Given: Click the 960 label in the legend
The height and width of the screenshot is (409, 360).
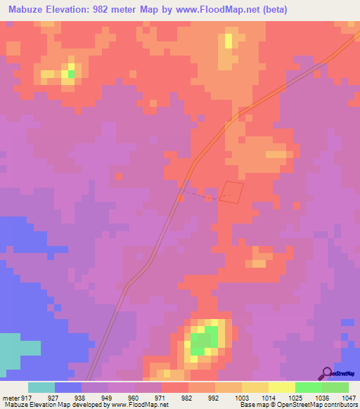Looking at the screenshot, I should [148, 397].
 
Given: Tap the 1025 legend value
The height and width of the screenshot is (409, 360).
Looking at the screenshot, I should [295, 397].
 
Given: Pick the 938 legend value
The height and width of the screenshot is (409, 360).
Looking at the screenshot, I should [95, 397].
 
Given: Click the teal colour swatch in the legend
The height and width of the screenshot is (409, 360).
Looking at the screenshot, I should [41, 387].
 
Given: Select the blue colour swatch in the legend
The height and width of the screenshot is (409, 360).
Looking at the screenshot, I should [68, 387].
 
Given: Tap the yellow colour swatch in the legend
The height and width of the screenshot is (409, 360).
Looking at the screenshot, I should [282, 387].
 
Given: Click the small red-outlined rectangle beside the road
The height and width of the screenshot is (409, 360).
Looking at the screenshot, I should [232, 191].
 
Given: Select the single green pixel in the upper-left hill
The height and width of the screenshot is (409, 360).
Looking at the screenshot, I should [71, 73].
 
